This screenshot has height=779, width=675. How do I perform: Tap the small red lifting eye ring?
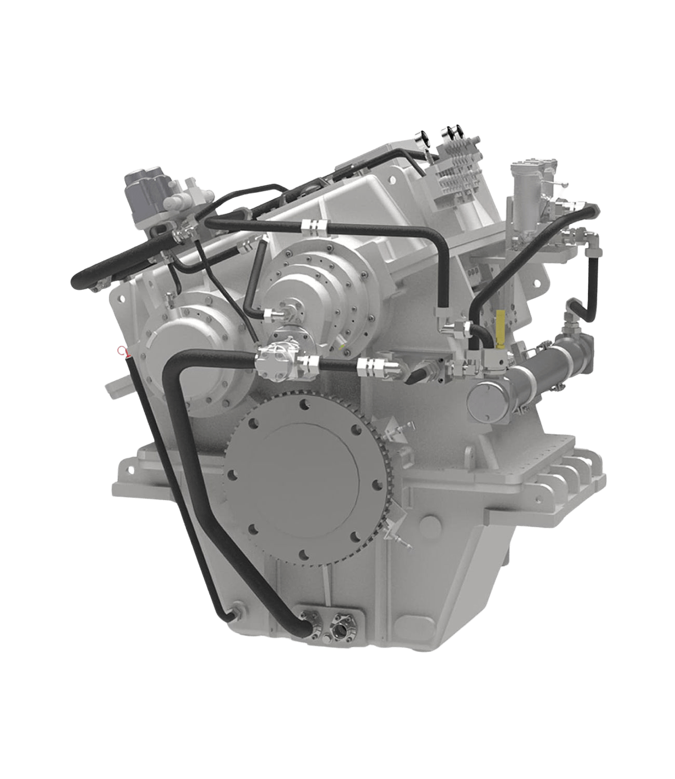pyautogui.click(x=123, y=352)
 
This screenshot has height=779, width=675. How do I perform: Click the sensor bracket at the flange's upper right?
pyautogui.click(x=402, y=429)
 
